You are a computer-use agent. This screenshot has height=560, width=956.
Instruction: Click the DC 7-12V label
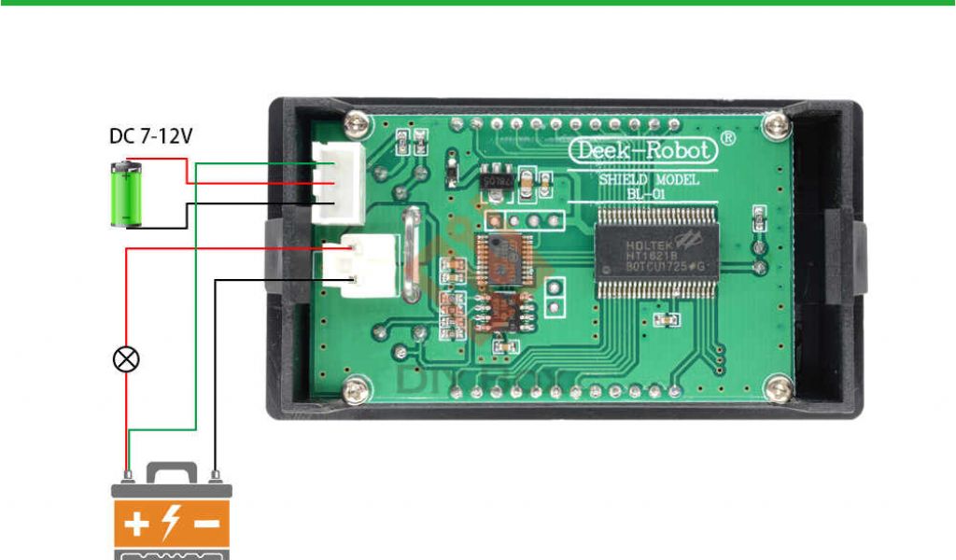coord(150,136)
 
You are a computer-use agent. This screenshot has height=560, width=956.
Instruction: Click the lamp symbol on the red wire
coord(127,359)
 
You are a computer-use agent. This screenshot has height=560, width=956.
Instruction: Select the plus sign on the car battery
coord(136,524)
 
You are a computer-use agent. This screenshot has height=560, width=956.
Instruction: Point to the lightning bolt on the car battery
coord(172,524)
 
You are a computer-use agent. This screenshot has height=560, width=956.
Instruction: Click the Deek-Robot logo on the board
coord(643,150)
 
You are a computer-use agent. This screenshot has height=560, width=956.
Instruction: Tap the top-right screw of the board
coord(773,122)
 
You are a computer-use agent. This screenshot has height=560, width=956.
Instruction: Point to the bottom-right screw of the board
coord(776,390)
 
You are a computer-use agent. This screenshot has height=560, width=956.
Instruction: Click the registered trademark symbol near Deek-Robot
coord(729,137)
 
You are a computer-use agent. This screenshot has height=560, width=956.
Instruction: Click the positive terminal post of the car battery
coord(127,477)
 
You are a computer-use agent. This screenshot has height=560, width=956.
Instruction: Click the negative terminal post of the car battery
coord(216,477)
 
